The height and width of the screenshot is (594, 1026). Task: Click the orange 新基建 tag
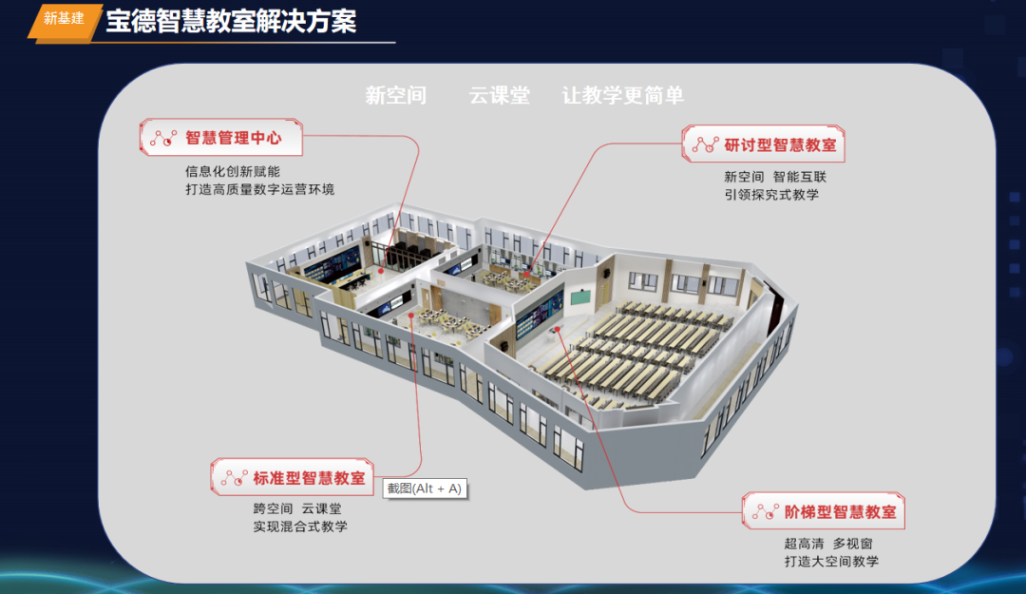point(64,19)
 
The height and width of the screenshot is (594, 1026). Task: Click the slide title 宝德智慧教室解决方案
point(231,21)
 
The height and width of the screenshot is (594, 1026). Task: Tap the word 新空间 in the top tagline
point(396,95)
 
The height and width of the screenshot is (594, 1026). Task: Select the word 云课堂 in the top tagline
point(499,95)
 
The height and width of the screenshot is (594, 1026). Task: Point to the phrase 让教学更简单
point(622,95)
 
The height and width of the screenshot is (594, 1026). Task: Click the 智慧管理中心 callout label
point(233,138)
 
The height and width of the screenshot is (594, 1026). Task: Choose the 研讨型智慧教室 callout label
point(780,145)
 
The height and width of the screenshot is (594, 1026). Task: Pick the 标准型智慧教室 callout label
point(309,478)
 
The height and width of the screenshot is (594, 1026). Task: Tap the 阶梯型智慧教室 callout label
point(841,512)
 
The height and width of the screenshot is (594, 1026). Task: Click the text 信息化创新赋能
point(232,172)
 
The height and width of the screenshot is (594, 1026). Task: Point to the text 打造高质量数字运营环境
point(259,189)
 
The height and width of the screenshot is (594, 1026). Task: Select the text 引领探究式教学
point(770,195)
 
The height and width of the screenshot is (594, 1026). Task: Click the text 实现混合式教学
point(299,527)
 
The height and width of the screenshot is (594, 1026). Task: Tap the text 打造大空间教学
point(831,561)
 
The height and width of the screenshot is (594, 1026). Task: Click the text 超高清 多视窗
point(827,544)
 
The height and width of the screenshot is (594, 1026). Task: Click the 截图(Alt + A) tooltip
point(425,489)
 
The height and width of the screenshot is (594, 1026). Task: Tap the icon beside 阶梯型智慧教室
point(765,512)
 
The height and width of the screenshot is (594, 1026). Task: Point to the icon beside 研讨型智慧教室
point(704,145)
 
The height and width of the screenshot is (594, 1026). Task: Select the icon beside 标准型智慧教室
point(234,478)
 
